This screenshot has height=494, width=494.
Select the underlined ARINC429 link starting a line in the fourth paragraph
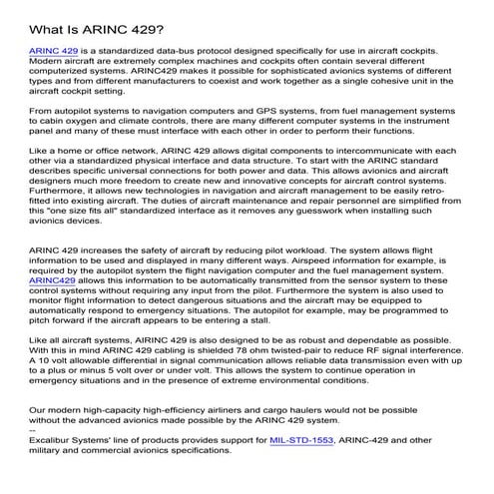[x=53, y=282]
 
